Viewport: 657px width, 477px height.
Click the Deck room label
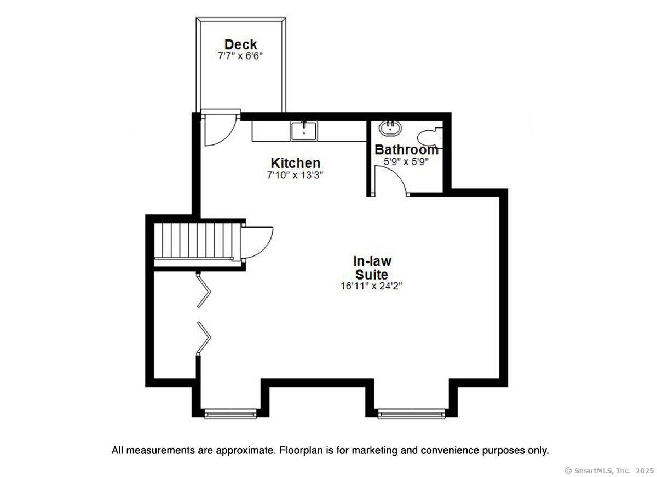pyautogui.click(x=240, y=44)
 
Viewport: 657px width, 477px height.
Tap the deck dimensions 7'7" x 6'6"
pyautogui.click(x=240, y=55)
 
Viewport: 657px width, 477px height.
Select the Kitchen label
pyautogui.click(x=295, y=163)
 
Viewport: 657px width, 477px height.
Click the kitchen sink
pyautogui.click(x=303, y=131)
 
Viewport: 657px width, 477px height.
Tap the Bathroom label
pyautogui.click(x=406, y=149)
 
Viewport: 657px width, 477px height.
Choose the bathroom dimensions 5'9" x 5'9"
pyautogui.click(x=406, y=161)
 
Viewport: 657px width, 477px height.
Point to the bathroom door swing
pyautogui.click(x=390, y=181)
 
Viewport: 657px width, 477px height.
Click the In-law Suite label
pyautogui.click(x=372, y=267)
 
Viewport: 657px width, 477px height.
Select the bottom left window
pyautogui.click(x=230, y=414)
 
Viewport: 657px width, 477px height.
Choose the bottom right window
pyautogui.click(x=411, y=414)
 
